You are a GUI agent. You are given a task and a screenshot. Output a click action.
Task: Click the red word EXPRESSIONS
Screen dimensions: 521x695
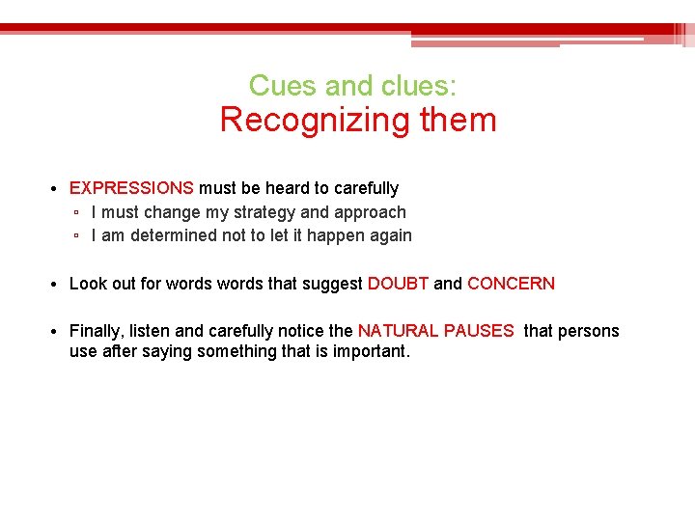tap(131, 188)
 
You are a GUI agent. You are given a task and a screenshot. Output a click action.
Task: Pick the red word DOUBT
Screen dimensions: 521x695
tap(398, 284)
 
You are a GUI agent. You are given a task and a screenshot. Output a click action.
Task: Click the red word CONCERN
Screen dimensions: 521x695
tap(511, 284)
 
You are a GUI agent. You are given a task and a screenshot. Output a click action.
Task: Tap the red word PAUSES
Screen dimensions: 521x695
tap(479, 331)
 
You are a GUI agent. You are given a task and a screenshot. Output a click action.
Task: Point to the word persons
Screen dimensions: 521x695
tap(588, 331)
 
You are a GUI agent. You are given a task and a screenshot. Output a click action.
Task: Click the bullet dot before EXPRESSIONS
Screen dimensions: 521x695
tap(58, 189)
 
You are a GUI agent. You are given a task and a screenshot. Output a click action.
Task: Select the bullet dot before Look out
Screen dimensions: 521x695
tap(58, 285)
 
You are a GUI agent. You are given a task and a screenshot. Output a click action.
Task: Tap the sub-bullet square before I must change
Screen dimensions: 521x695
tap(76, 213)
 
